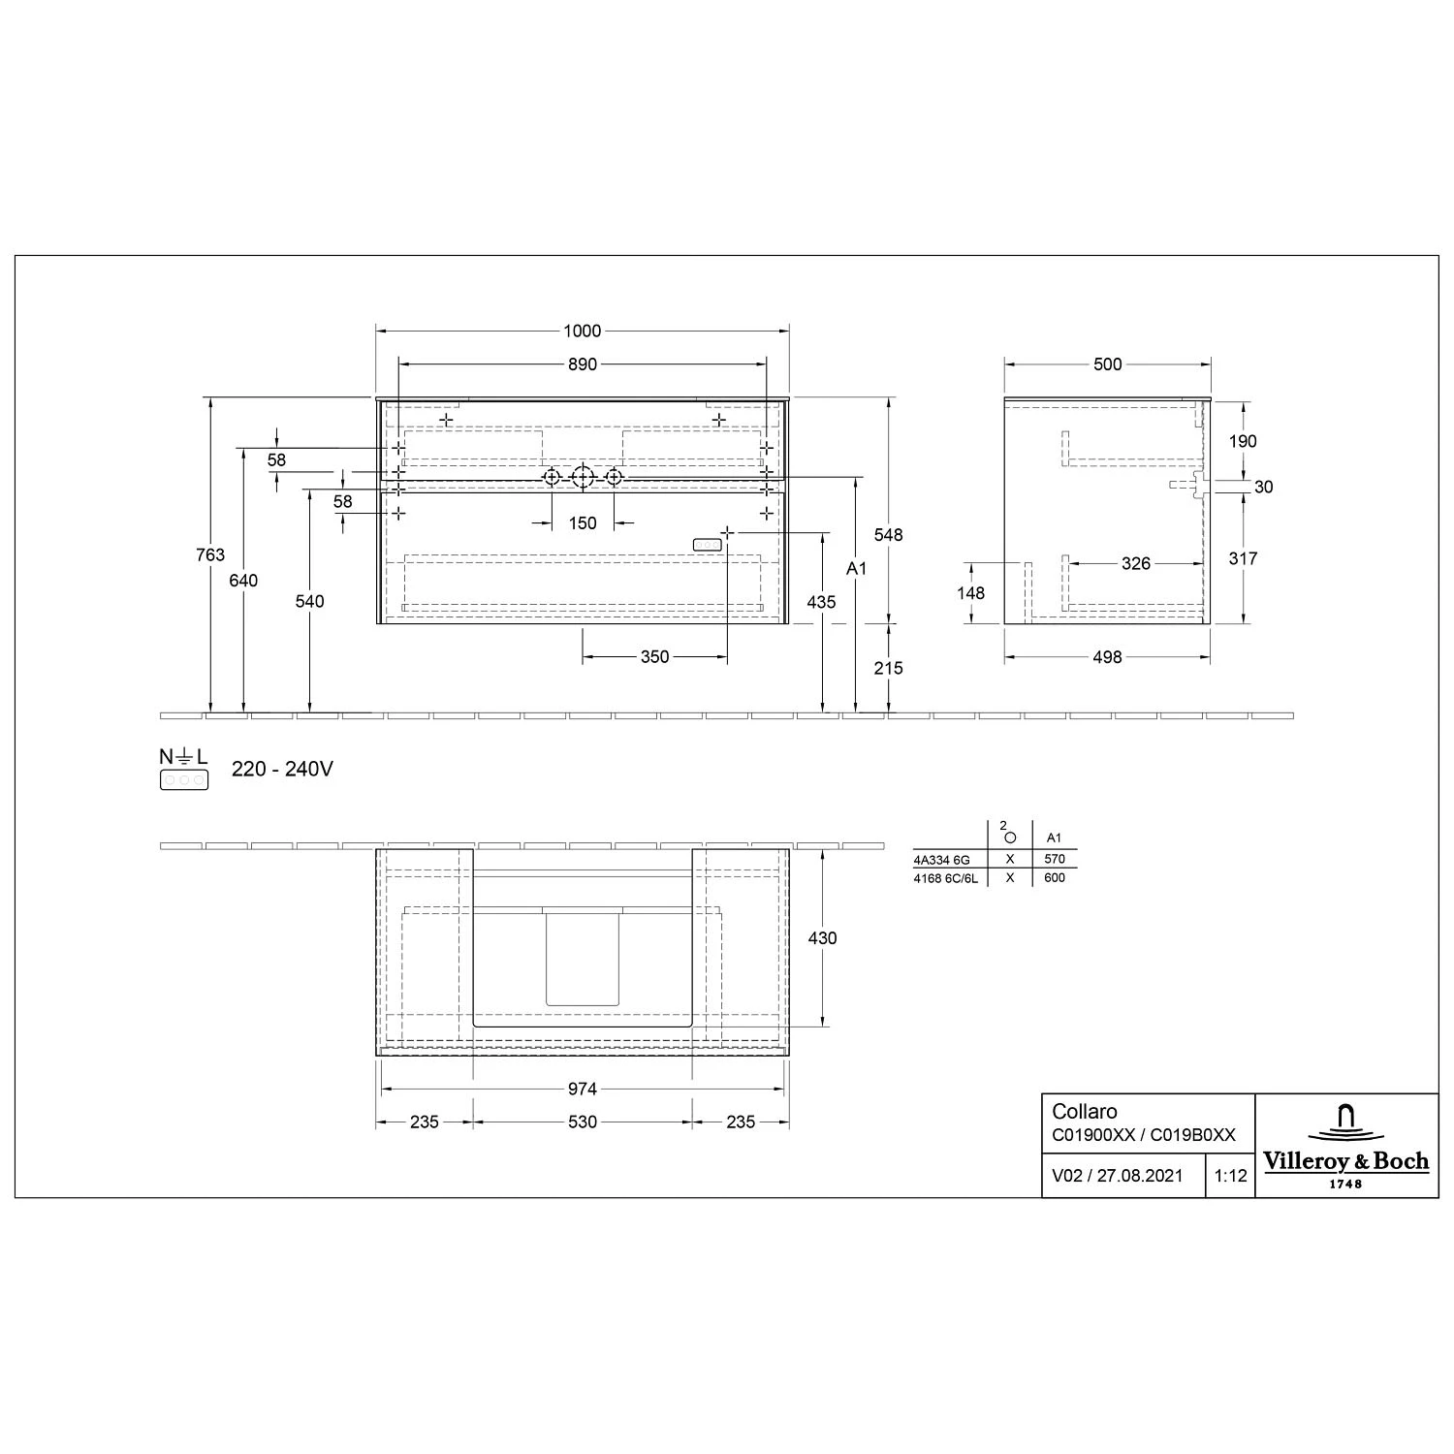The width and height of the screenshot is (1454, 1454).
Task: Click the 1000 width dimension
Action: coord(582,332)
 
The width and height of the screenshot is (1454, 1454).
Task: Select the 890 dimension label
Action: coord(582,364)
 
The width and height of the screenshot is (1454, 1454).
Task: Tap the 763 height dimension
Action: coord(210,554)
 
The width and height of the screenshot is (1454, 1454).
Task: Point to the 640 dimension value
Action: coord(243,580)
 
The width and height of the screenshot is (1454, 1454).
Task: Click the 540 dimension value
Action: coord(309,601)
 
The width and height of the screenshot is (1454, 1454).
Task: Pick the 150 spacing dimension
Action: coord(582,523)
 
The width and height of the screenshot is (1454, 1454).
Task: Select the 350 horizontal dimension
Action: coord(654,657)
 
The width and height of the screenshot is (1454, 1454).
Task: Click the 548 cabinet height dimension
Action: coord(888,535)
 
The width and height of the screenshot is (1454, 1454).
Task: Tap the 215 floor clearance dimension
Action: coord(888,668)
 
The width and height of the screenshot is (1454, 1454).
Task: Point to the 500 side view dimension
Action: coord(1107,364)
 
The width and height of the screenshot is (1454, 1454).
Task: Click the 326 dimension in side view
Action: coord(1135,563)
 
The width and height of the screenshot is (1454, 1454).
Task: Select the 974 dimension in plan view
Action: coord(582,1090)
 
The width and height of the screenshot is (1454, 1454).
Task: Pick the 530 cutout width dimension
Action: coord(582,1122)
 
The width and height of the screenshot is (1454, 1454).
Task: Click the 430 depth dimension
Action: coord(822,937)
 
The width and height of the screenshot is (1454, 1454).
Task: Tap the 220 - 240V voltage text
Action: coord(282,770)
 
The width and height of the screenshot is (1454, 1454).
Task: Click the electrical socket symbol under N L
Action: coord(184,779)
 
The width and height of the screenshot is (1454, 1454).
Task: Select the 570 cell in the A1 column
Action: coord(1055,859)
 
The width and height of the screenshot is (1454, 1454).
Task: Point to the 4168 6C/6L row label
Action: coord(946,878)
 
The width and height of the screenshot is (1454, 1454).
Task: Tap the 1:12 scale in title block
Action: coord(1230,1176)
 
